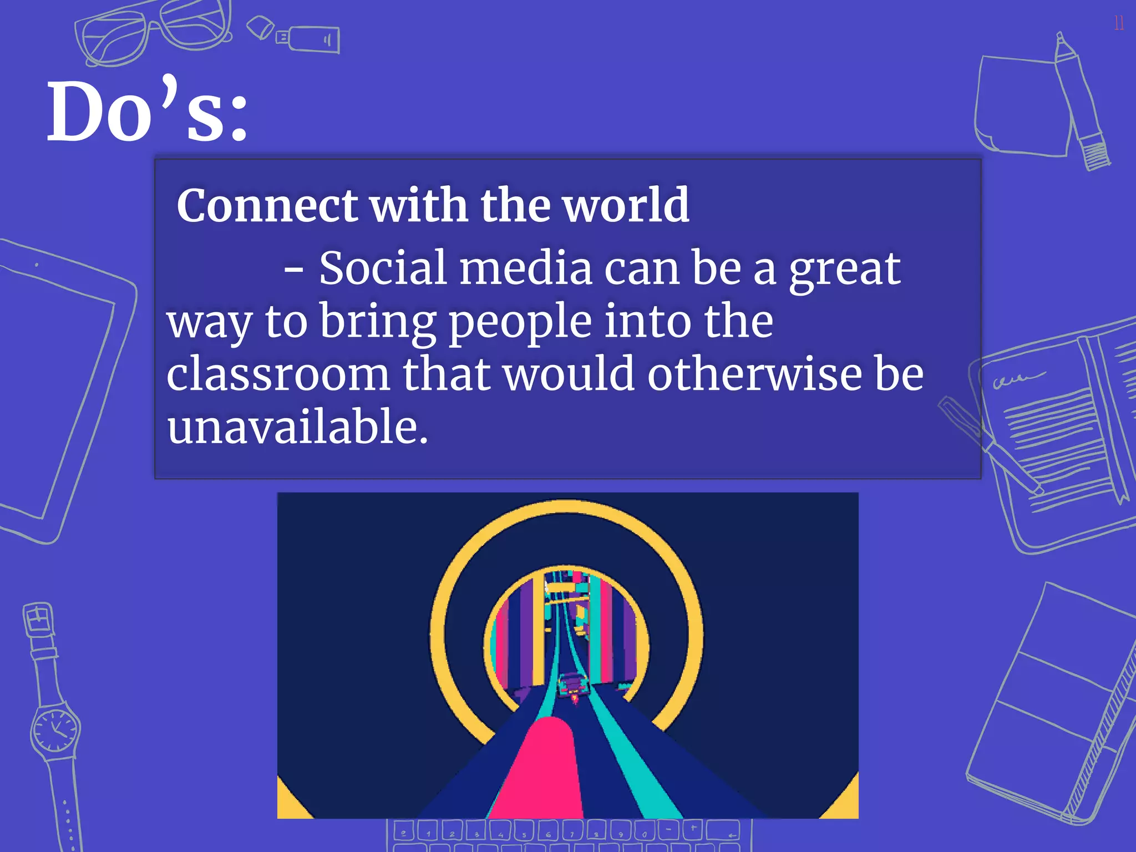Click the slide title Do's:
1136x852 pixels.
click(147, 111)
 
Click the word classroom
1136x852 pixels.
click(278, 374)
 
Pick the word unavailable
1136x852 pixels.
click(297, 427)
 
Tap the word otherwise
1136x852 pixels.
click(754, 374)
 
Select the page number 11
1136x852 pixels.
click(1119, 23)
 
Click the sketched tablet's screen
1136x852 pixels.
click(55, 383)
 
